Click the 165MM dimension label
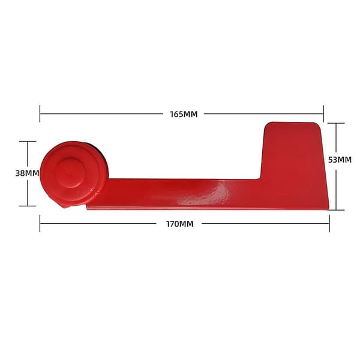pos(184,114)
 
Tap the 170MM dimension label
pos(179,224)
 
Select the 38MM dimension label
pos(27,173)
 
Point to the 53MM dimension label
pos(340,160)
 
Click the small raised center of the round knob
pos(70,173)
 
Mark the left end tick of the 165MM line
pos(40,113)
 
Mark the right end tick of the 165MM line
pos(323,113)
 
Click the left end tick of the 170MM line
pos(40,223)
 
